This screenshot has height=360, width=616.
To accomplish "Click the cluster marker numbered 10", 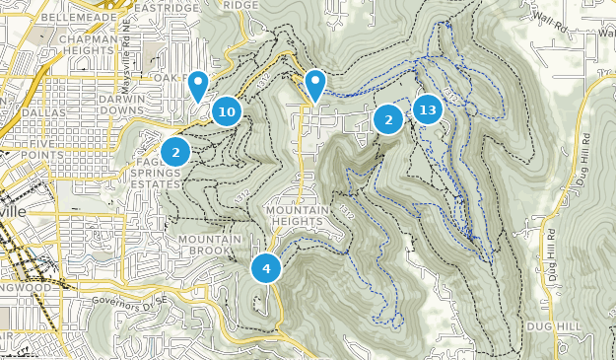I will pyautogui.click(x=227, y=111).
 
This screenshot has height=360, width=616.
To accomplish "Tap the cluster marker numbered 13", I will pyautogui.click(x=427, y=109).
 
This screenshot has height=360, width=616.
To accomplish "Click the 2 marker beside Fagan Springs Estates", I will pyautogui.click(x=176, y=152).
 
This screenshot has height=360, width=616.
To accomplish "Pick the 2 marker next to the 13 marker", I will pyautogui.click(x=388, y=120).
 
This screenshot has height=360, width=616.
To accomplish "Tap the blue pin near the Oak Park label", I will pyautogui.click(x=198, y=85).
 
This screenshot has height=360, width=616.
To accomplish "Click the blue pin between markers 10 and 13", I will pyautogui.click(x=315, y=85).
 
